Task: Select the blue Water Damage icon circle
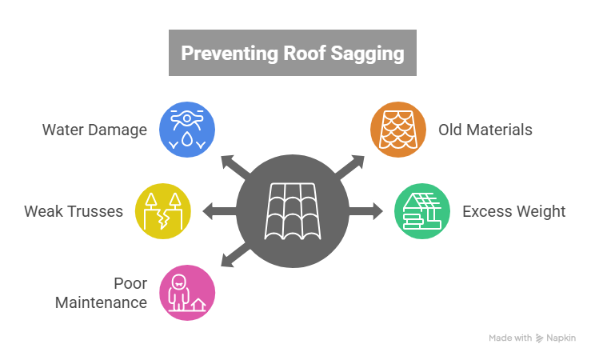tap(187, 129)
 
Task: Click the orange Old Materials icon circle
tap(398, 129)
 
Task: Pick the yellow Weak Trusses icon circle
tap(162, 212)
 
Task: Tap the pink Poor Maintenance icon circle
tap(187, 294)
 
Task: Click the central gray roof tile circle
tap(294, 212)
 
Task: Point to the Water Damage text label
tap(95, 129)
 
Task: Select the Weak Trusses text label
tap(74, 212)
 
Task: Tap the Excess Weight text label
tap(513, 212)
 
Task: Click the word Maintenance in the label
tap(101, 303)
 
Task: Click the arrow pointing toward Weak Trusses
tap(218, 212)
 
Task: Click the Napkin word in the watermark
tap(561, 338)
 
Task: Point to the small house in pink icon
tap(198, 305)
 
